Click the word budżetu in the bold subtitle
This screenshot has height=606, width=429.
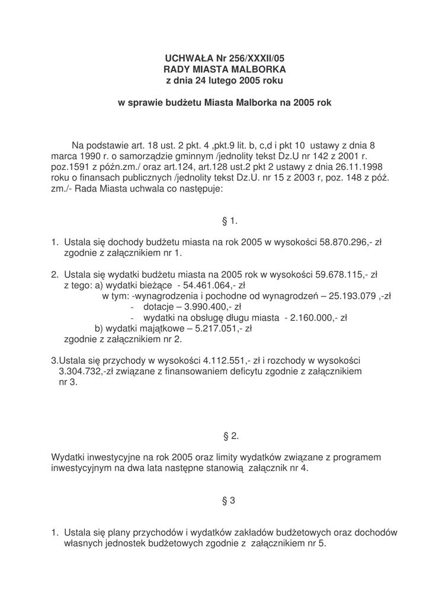click(x=181, y=102)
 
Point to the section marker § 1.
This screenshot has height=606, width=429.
click(x=229, y=221)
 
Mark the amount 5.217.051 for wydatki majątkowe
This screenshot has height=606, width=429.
click(x=216, y=328)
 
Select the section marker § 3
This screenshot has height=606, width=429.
click(x=229, y=501)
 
